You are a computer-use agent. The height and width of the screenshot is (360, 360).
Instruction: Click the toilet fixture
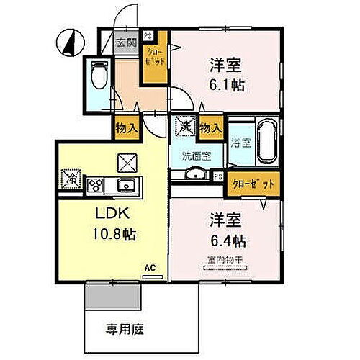(x=98, y=74)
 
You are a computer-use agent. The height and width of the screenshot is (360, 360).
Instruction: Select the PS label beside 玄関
(x=148, y=35)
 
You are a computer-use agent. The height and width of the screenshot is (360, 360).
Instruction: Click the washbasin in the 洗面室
(x=193, y=176)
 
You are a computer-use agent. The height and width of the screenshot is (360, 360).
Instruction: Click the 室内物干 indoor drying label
(x=223, y=261)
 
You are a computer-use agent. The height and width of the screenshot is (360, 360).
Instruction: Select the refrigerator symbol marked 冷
(x=71, y=177)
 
